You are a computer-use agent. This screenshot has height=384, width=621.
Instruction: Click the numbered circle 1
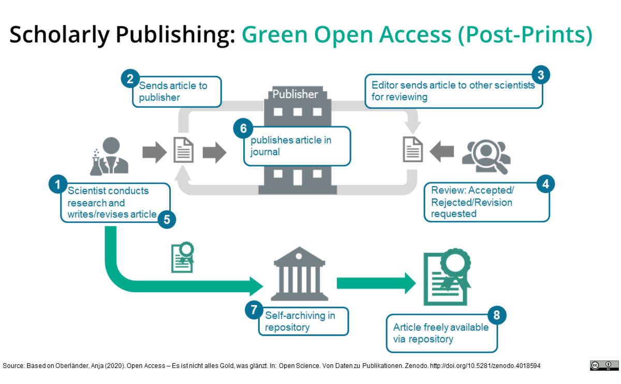57,184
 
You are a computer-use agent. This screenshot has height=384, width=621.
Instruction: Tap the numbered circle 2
130,79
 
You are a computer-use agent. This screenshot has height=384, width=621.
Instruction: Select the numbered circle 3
540,75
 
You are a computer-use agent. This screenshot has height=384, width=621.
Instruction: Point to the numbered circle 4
545,183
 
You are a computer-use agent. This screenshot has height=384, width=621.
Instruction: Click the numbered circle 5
167,219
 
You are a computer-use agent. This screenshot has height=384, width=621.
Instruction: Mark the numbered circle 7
254,310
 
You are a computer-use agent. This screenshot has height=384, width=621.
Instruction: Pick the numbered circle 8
496,315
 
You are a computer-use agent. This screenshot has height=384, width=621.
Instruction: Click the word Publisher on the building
295,94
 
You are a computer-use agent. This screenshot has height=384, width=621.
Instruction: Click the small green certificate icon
182,258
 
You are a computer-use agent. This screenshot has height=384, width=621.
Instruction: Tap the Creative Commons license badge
604,365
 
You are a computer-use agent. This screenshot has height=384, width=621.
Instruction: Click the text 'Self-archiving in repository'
300,321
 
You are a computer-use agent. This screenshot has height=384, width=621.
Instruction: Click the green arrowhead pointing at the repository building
256,285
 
